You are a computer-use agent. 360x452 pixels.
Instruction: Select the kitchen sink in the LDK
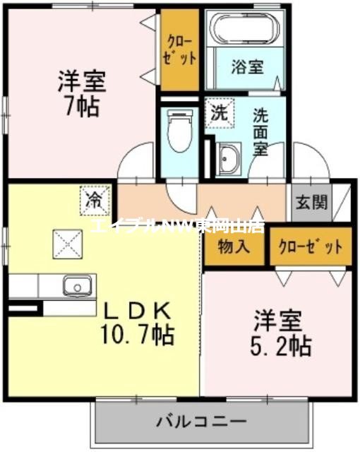point(76,286)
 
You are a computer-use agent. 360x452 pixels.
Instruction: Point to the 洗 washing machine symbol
point(218,112)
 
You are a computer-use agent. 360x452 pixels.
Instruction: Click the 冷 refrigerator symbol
point(94,200)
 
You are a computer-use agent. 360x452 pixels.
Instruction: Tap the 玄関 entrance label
point(311,203)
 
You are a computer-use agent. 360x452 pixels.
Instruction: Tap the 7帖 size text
point(83,108)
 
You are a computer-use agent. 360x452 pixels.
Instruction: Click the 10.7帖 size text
point(137,333)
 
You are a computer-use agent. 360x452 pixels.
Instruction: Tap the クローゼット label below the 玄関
point(310,247)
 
